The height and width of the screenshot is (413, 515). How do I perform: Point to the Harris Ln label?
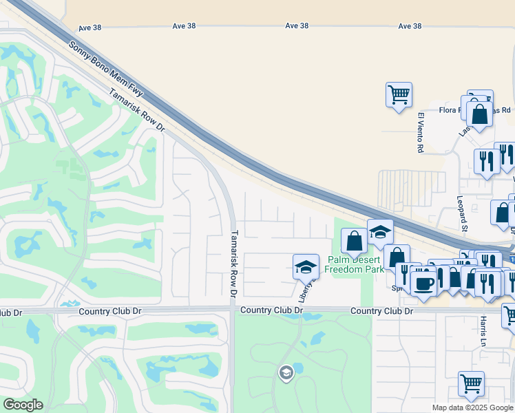click(484, 331)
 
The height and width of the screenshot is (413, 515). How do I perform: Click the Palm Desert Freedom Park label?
click(355, 265)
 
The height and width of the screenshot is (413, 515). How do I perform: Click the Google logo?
click(23, 405)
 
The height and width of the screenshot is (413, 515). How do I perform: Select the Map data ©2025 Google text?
click(473, 407)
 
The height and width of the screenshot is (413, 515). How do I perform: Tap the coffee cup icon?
click(423, 283)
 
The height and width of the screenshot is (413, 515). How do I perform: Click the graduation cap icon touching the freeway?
click(379, 231)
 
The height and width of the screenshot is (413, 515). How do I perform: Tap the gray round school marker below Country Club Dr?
click(286, 373)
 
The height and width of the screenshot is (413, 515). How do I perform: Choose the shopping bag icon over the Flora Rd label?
click(480, 114)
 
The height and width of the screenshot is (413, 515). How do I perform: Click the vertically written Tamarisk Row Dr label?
click(234, 264)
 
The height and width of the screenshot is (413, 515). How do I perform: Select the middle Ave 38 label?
click(297, 25)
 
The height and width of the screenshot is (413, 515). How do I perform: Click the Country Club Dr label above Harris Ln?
click(381, 311)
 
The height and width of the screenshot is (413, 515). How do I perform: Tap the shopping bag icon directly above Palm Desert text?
click(354, 242)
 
